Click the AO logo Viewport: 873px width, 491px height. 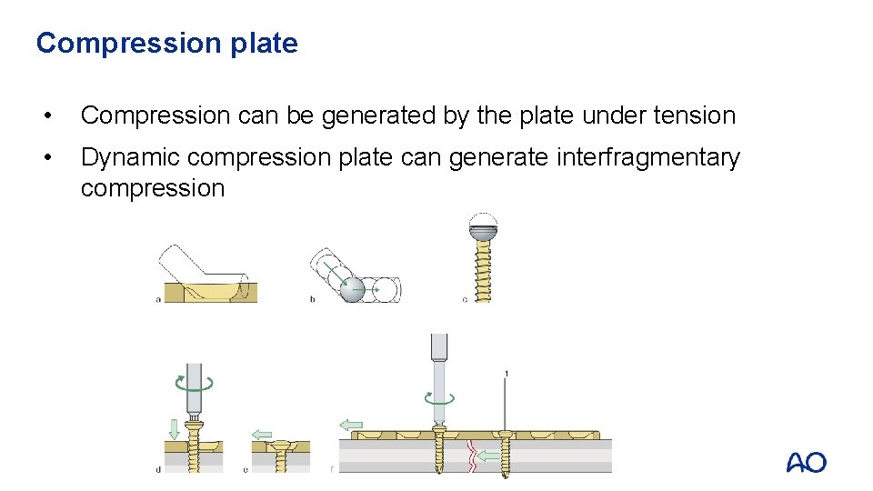click(806, 463)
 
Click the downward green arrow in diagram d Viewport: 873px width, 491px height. click(174, 427)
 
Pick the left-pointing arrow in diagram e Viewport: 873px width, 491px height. click(262, 435)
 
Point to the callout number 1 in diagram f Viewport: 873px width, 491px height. click(506, 373)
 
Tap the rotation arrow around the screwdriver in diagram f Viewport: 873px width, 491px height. click(440, 397)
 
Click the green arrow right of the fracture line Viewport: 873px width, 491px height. click(488, 454)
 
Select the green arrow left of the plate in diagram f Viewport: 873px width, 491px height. click(350, 425)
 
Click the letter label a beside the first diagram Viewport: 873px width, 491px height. click(159, 299)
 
